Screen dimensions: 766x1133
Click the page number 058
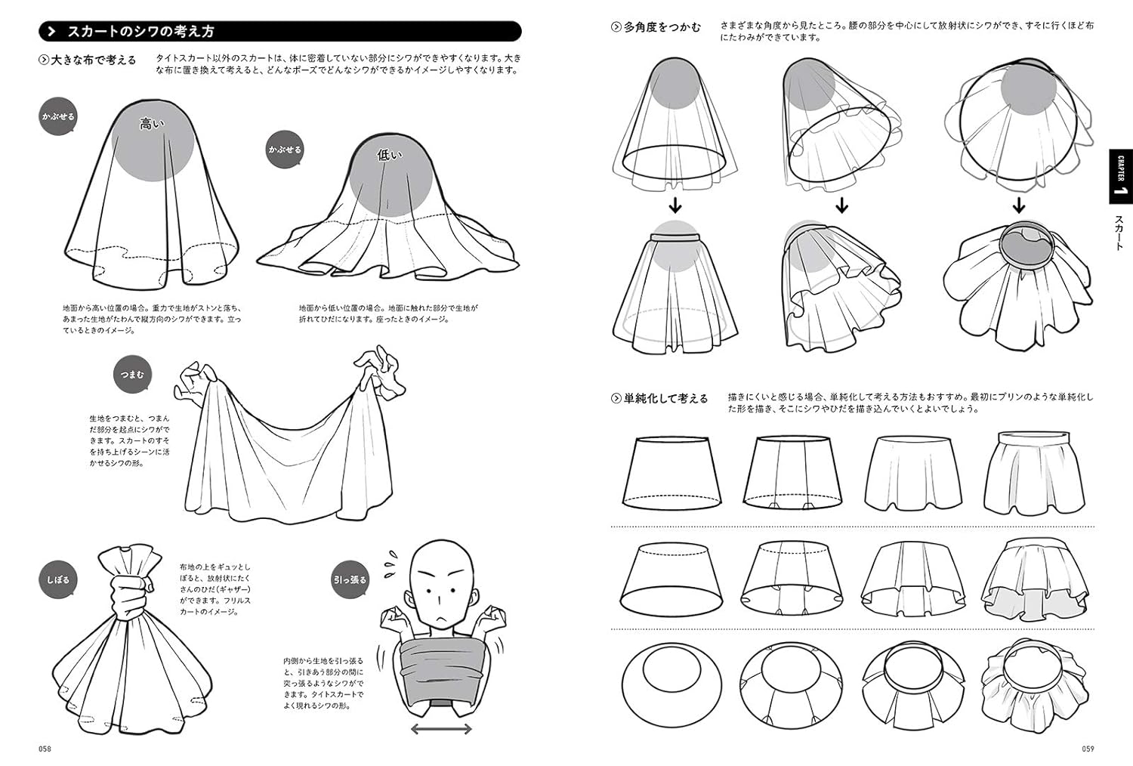[45, 749]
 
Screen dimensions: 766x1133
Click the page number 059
[1087, 749]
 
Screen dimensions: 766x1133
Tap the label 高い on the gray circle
[152, 123]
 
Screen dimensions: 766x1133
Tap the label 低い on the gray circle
[390, 156]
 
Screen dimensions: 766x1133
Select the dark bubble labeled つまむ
[131, 375]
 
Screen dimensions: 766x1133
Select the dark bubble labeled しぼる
[57, 580]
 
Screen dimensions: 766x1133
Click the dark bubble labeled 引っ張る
[350, 580]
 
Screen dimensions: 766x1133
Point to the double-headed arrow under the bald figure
[441, 729]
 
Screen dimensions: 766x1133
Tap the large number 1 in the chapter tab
[1121, 190]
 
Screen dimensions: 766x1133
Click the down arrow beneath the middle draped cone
[841, 205]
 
